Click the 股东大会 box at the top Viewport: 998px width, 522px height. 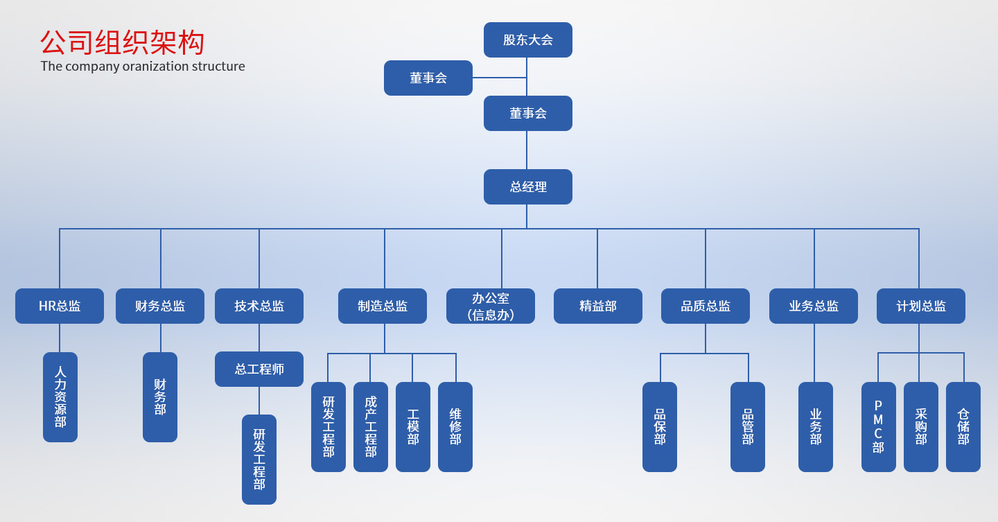coord(527,40)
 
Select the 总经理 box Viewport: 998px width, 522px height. coord(527,186)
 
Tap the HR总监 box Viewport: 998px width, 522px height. coord(60,306)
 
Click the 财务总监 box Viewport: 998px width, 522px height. coord(160,306)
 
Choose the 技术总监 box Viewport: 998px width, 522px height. coord(259,306)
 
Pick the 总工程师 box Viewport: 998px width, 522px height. coord(259,369)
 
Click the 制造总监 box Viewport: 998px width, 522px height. coord(383,306)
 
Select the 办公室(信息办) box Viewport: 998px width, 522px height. coord(491,306)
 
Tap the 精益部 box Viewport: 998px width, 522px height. coord(598,306)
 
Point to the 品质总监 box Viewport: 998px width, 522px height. coord(706,306)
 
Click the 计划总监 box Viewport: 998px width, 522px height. coord(921,306)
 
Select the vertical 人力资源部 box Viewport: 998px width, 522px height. coord(60,397)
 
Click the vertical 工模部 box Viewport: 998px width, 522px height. coord(413,427)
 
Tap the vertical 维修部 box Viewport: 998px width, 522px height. coord(455,427)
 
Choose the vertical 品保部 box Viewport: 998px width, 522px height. coord(660,427)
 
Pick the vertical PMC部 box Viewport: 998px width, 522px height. coord(879,427)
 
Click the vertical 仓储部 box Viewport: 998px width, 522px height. coord(963,427)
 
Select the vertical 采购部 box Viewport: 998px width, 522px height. coord(921,427)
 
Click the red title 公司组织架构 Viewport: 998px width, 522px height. coord(122,42)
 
